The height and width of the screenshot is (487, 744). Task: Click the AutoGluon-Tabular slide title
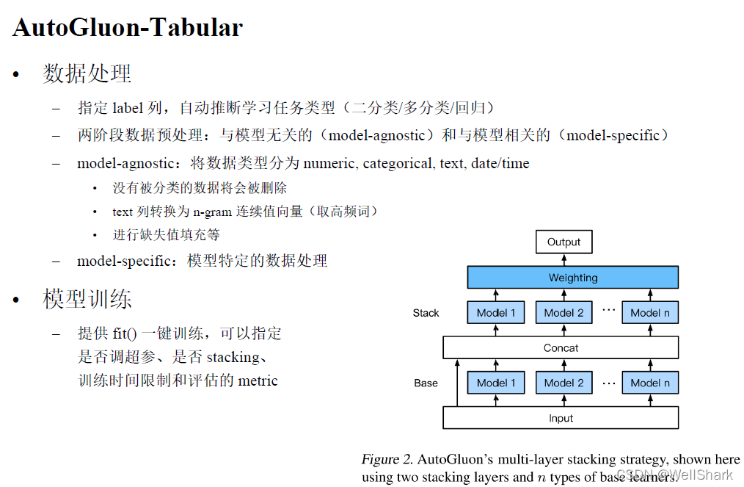[128, 28]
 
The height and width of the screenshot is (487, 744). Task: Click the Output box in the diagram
[564, 242]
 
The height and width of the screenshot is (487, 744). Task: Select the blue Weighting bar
[573, 278]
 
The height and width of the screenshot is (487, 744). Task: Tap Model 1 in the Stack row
[496, 313]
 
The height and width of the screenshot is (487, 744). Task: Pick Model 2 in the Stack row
[564, 313]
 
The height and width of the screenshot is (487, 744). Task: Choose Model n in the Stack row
[650, 313]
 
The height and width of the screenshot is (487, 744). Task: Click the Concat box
[561, 347]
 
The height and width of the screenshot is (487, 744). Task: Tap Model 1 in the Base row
[496, 383]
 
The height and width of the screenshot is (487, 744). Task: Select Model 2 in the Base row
[564, 383]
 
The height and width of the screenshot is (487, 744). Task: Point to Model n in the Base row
[650, 383]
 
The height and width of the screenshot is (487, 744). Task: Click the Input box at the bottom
[561, 418]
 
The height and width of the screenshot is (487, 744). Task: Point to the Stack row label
[426, 313]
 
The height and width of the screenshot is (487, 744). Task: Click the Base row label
[426, 383]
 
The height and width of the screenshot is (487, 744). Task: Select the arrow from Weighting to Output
[564, 260]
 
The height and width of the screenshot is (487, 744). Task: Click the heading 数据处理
[87, 73]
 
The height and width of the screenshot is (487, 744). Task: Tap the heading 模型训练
[87, 300]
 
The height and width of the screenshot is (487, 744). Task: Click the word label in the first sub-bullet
[128, 108]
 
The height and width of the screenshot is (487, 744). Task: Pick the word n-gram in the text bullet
[213, 212]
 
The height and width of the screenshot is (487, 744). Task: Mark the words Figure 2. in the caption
[387, 459]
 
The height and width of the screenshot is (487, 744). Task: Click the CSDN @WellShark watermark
[674, 475]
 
